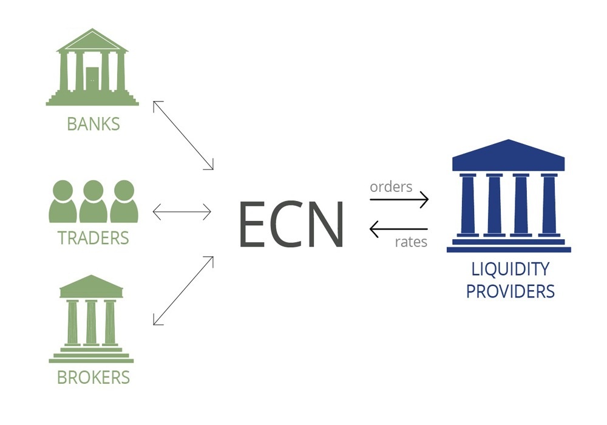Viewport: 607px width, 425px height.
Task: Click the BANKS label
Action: coord(93,124)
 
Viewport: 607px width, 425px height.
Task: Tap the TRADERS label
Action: coord(93,237)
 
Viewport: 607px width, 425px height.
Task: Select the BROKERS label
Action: coord(93,377)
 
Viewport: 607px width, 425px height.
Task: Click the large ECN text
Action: coord(291,223)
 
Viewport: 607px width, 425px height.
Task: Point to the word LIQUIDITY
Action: coord(510,268)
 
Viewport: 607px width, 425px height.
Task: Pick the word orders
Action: coord(391,186)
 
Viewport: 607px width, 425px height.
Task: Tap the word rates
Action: coord(411,242)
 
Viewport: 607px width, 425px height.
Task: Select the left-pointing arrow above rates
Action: coord(399,229)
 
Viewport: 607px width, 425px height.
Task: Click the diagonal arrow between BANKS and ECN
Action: coord(183,135)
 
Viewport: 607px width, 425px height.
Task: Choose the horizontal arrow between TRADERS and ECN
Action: coord(181,212)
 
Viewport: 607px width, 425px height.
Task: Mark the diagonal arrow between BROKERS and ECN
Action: coord(183,290)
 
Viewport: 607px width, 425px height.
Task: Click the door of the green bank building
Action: coord(92,78)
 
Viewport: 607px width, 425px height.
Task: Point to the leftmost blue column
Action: coord(469,204)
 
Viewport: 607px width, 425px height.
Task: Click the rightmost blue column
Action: coord(549,204)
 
